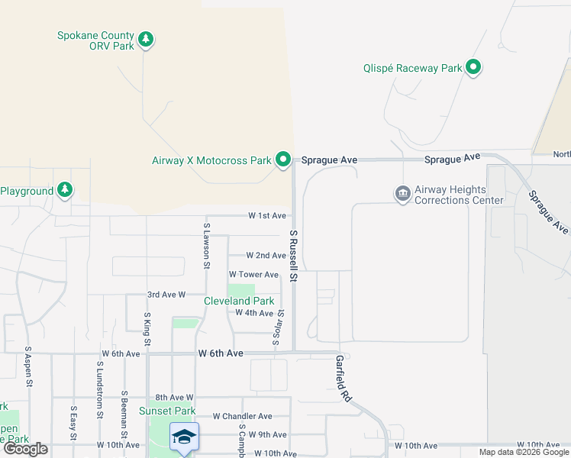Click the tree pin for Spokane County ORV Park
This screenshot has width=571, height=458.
coord(146,39)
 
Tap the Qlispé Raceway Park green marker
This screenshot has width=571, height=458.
coord(473,68)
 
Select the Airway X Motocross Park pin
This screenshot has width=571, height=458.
coord(283,160)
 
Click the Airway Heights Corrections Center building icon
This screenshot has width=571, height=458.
coord(402,194)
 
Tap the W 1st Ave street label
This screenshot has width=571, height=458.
coord(267,216)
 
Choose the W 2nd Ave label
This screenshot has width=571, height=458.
coord(266,255)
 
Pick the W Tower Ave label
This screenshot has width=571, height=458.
coord(253,274)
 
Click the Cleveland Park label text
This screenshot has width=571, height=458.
coord(239,301)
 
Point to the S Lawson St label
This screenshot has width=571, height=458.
coord(206,246)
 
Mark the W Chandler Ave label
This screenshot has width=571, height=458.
coord(242,416)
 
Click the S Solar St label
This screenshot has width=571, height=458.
coord(280,328)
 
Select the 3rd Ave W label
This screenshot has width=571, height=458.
coord(166,294)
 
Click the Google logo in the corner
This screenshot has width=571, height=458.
coord(27,449)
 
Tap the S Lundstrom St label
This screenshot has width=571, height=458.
coord(99,390)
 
